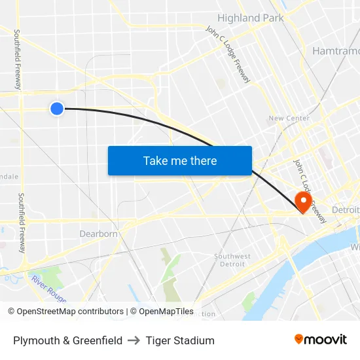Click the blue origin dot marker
(x=57, y=109)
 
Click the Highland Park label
(x=251, y=18)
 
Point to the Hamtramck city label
(x=336, y=50)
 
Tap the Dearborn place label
(x=98, y=234)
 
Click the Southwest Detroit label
(x=232, y=260)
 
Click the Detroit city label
(x=346, y=209)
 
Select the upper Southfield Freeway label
(x=18, y=59)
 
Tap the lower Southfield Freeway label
(x=22, y=223)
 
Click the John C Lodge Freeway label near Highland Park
(x=227, y=54)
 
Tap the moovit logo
(x=320, y=339)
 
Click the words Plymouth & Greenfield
(x=67, y=340)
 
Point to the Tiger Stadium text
(x=180, y=340)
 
